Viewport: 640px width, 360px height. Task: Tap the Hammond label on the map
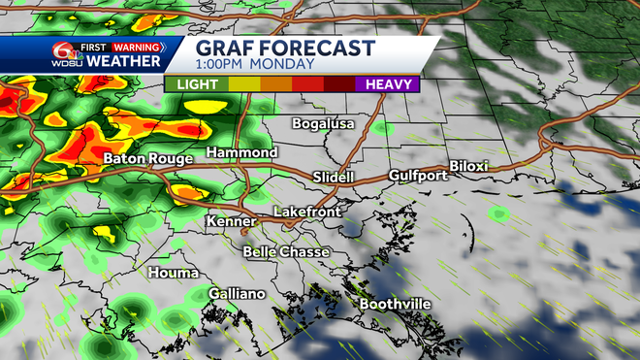click(241, 153)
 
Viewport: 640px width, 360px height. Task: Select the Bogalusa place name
click(325, 124)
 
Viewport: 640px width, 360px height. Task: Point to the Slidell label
click(334, 177)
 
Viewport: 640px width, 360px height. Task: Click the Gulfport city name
click(418, 176)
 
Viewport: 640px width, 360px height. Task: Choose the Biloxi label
click(469, 166)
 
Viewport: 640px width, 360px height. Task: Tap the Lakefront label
click(304, 211)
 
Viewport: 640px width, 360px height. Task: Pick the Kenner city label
click(231, 222)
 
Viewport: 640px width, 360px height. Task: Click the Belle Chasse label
click(286, 252)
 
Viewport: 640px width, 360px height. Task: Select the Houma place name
click(174, 274)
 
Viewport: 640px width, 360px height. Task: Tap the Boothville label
click(395, 305)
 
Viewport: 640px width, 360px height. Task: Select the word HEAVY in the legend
click(389, 84)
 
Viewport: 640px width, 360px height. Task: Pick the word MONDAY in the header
click(282, 65)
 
